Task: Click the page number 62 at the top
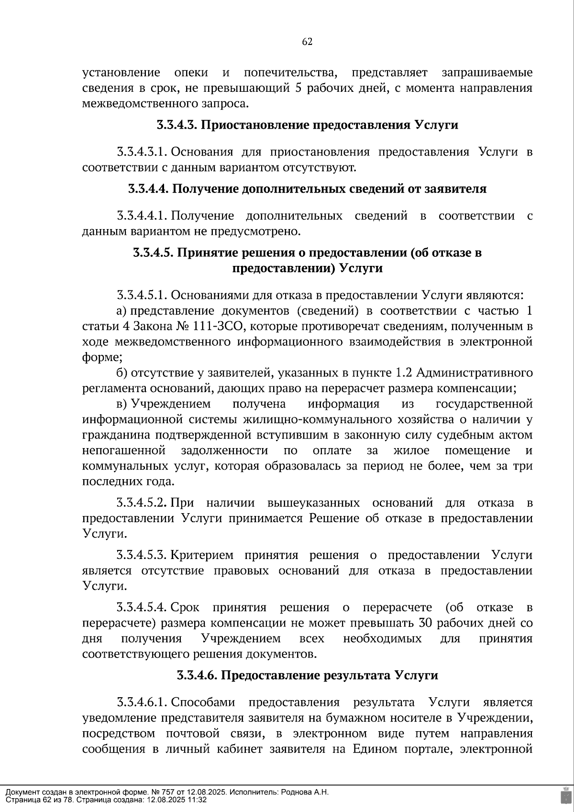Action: (307, 42)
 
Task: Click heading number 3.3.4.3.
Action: (177, 125)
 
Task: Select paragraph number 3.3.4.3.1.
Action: (142, 153)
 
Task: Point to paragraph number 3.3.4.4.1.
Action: (142, 216)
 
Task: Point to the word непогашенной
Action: (124, 451)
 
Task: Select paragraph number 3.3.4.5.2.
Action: (142, 503)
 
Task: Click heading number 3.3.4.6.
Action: (197, 676)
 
